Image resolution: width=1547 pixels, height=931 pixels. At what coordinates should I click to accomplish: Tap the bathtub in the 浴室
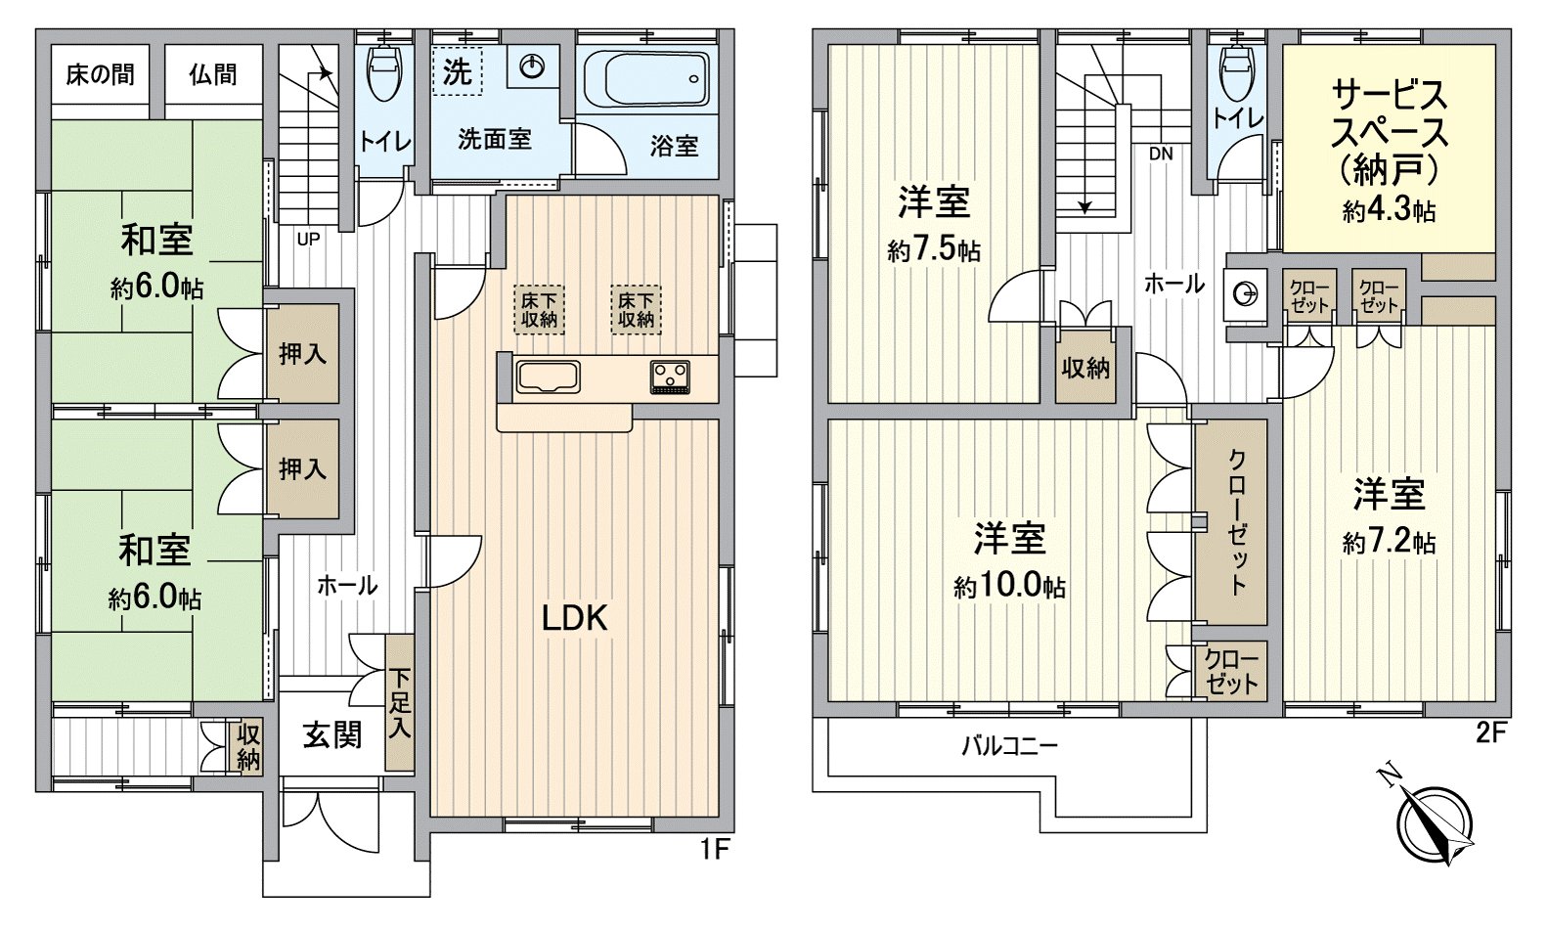point(646,82)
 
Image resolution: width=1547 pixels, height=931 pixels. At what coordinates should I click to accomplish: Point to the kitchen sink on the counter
point(548,377)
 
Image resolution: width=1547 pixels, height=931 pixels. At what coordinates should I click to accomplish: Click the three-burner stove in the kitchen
point(670,377)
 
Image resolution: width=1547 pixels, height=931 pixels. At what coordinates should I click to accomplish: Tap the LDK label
point(576,617)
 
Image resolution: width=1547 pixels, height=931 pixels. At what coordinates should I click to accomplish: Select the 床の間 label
point(100,74)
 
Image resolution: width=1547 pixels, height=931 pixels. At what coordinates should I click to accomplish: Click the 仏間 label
point(212,74)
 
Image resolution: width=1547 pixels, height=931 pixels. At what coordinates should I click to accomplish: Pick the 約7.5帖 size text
point(933,250)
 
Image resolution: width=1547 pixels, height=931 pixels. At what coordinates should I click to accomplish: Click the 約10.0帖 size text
point(1009,587)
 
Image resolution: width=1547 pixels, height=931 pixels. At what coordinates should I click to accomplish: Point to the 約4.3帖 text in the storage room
point(1389,210)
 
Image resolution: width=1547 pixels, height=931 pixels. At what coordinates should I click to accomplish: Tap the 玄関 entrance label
point(331,735)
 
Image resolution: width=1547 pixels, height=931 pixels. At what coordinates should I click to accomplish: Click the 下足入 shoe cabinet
point(399,703)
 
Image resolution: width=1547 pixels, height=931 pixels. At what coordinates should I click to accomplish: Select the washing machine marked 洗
point(457,71)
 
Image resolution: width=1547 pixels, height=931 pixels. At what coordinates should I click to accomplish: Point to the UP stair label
point(308,239)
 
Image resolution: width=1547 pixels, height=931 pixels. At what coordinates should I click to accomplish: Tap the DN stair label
point(1161,154)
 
